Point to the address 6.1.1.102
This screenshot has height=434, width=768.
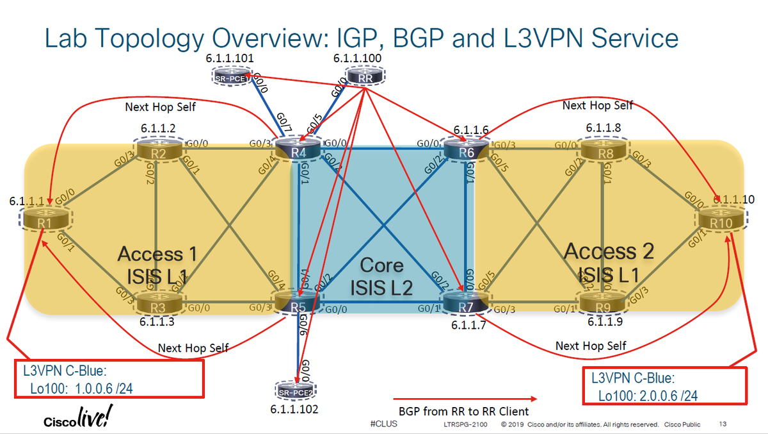294,408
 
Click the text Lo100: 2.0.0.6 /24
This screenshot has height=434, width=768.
648,396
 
